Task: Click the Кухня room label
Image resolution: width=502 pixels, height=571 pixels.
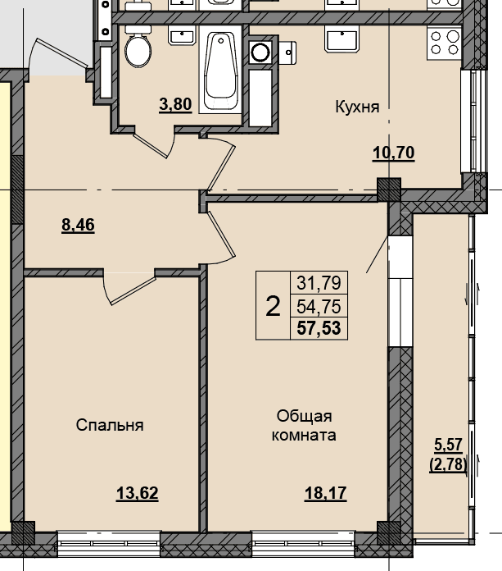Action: [357, 107]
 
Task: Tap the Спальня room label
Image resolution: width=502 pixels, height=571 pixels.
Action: [110, 425]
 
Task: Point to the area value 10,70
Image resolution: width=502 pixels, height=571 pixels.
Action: [394, 153]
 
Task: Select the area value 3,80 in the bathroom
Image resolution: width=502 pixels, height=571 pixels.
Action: [175, 104]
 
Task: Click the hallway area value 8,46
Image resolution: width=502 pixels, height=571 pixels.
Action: [78, 225]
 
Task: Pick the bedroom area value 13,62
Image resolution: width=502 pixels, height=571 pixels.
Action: [138, 493]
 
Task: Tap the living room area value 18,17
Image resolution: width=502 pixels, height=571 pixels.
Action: [326, 493]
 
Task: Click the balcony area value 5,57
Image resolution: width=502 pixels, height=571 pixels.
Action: [448, 445]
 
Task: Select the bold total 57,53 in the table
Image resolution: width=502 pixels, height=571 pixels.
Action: [319, 328]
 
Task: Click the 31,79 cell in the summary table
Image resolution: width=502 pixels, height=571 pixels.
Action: [319, 282]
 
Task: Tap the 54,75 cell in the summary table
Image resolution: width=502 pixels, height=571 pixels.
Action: [319, 307]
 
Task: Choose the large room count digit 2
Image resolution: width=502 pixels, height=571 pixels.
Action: [274, 306]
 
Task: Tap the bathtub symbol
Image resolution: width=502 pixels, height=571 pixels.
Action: [220, 69]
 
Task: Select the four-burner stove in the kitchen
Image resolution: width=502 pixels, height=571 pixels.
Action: [445, 42]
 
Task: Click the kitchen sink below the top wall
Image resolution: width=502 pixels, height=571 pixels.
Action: [343, 41]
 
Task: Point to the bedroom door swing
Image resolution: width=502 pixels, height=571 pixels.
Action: [129, 288]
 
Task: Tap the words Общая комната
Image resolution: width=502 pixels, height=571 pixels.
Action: [305, 426]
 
